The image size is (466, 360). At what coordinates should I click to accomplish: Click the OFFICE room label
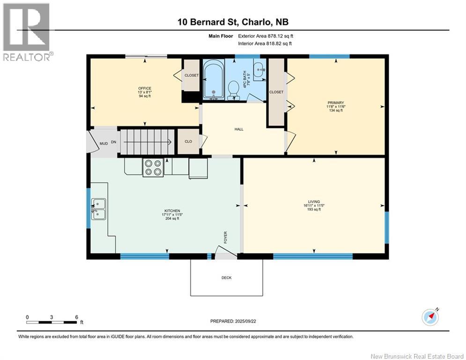[145, 89]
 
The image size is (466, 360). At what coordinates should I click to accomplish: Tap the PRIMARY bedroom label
[336, 103]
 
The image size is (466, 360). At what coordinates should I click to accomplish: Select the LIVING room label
[314, 202]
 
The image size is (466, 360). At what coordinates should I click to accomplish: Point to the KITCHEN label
[172, 210]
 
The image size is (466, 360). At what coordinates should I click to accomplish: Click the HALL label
[239, 129]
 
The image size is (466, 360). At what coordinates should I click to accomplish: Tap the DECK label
[227, 277]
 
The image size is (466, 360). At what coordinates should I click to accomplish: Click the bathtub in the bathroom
[214, 79]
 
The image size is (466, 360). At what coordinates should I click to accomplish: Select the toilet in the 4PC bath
[234, 90]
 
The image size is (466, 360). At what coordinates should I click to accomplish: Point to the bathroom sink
[259, 70]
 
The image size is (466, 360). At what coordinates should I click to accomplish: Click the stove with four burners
[153, 167]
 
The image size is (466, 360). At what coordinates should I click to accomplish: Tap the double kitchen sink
[98, 209]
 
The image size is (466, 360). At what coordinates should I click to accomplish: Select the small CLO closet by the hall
[188, 142]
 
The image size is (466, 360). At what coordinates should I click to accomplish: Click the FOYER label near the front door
[225, 237]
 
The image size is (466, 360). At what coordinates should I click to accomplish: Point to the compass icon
[430, 317]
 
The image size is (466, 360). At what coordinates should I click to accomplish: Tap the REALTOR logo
[27, 32]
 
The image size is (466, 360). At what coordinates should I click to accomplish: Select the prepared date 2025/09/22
[245, 321]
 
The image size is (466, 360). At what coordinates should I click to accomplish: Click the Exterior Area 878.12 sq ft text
[266, 36]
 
